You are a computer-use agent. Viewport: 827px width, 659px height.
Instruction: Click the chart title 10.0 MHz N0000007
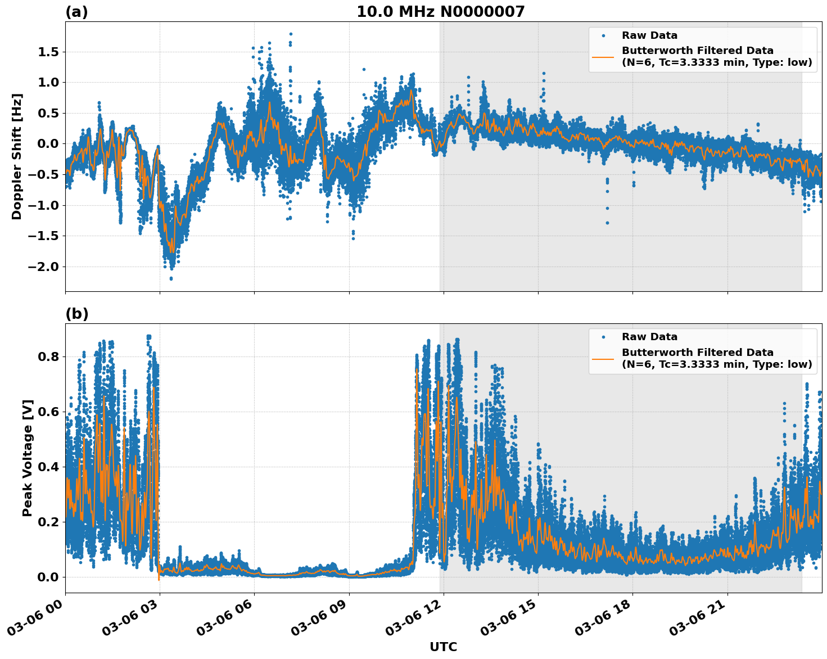click(440, 12)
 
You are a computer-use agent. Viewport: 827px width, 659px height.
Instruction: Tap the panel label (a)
click(76, 12)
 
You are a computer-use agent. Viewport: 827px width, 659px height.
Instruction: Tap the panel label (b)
click(76, 314)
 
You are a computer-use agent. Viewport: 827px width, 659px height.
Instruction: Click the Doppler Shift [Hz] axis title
click(17, 156)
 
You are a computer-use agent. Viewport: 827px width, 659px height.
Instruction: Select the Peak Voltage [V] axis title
click(28, 458)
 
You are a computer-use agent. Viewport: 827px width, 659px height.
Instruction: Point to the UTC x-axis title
click(443, 647)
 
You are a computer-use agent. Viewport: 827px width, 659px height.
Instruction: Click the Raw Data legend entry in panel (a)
click(649, 36)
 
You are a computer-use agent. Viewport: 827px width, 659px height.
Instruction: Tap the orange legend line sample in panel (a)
click(603, 56)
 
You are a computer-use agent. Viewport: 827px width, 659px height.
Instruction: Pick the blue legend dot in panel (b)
click(603, 337)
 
